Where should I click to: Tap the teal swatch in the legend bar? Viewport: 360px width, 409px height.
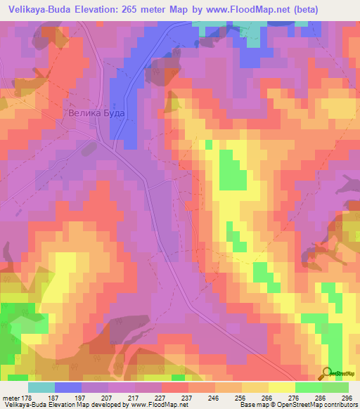pyautogui.click(x=41, y=387)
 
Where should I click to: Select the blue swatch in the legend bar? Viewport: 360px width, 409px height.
pyautogui.click(x=68, y=387)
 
